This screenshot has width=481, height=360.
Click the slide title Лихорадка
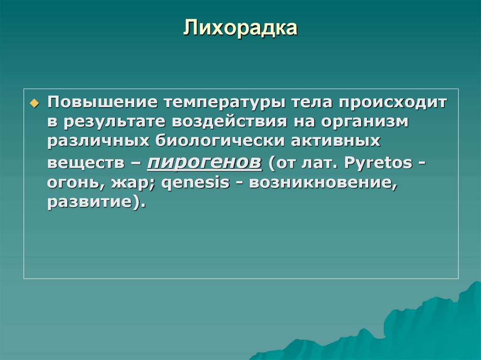tap(240, 28)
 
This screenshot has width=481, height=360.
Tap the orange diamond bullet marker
tap(33, 103)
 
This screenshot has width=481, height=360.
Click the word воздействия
tap(229, 122)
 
